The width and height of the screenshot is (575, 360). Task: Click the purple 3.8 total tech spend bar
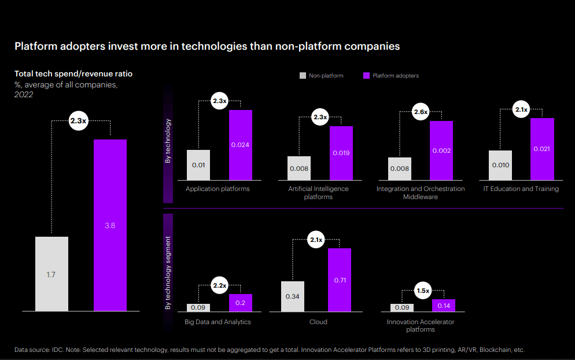tap(110, 225)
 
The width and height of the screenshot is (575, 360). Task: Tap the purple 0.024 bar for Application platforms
tap(240, 144)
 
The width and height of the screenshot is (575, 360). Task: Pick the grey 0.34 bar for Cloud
tap(293, 296)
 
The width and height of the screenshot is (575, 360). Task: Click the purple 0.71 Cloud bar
tap(340, 280)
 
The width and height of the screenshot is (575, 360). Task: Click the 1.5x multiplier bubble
tap(423, 291)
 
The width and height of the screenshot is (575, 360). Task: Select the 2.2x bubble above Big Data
tap(219, 285)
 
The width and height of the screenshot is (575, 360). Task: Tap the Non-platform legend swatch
tap(302, 75)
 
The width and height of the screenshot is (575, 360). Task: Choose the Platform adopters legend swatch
tap(366, 75)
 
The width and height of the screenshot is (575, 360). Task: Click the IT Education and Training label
tap(521, 189)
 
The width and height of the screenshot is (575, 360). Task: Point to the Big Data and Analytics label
tap(218, 322)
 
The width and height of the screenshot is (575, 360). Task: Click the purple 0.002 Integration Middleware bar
tap(441, 150)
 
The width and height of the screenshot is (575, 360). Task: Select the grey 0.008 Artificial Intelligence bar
tap(298, 168)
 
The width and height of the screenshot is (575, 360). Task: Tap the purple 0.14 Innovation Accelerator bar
tap(444, 305)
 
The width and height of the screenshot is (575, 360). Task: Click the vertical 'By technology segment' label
tap(168, 272)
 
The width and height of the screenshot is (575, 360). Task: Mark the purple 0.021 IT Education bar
tap(542, 149)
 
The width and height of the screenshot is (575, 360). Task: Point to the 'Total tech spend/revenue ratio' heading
tap(73, 74)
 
